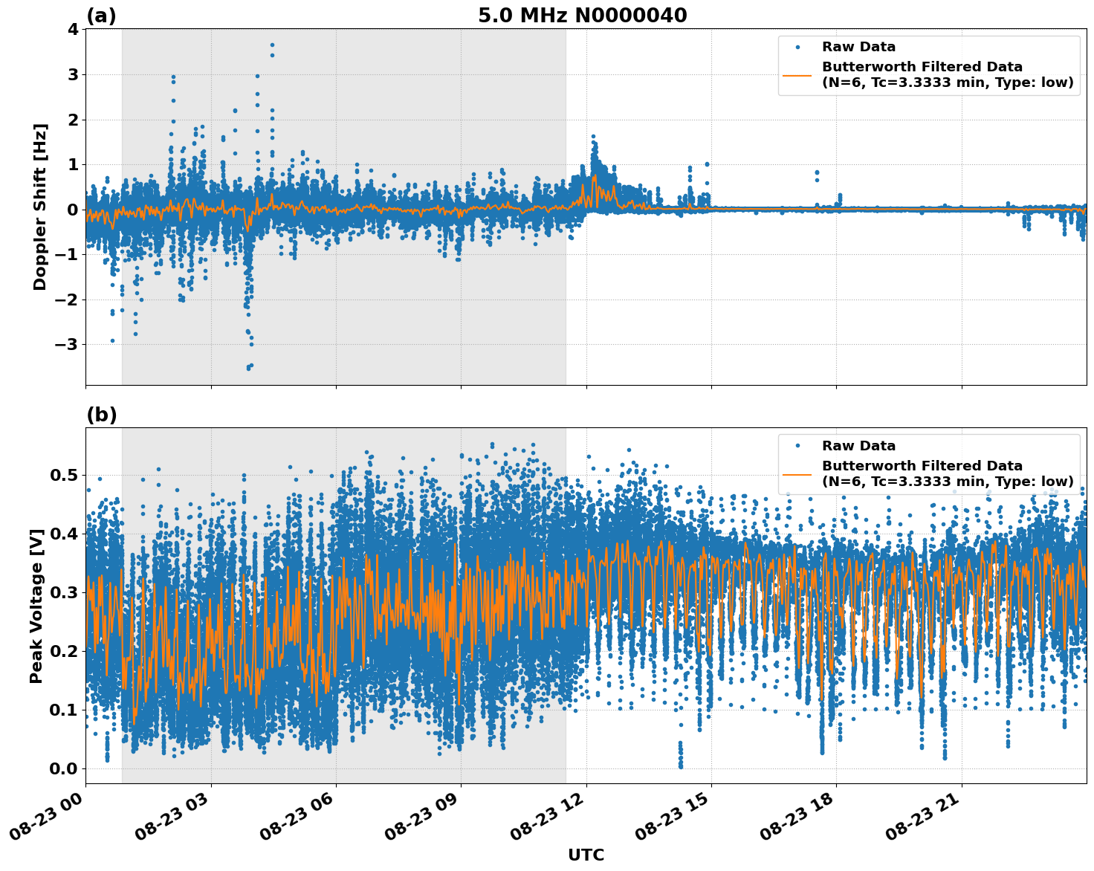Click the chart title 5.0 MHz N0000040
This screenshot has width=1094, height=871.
pos(582,16)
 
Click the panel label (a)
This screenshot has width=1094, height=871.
pos(101,16)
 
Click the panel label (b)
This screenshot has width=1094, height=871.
pos(101,415)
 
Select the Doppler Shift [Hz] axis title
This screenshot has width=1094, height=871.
pos(40,207)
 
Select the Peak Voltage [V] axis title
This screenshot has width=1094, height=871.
pos(36,606)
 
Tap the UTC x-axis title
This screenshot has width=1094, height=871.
pos(586,855)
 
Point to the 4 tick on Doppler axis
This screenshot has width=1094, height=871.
pos(72,30)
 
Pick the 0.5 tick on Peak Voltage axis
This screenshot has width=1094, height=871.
pos(64,475)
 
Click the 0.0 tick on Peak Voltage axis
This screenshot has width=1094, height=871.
pos(64,768)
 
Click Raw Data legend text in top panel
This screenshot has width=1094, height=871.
pos(858,48)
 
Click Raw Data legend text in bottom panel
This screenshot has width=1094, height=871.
pos(858,446)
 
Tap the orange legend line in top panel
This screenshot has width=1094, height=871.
pos(797,75)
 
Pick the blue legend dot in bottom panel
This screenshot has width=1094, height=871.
pos(797,446)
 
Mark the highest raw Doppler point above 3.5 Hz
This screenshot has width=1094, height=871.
pos(272,45)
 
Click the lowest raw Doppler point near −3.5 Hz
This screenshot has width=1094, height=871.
pos(248,368)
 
